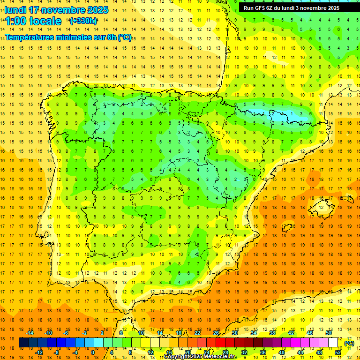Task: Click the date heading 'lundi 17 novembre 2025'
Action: click(56, 10)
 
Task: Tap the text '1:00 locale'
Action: click(33, 21)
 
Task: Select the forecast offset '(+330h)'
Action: click(83, 21)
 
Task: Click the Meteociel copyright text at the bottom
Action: click(200, 357)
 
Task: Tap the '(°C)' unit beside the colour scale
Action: click(349, 343)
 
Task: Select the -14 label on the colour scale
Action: click(30, 333)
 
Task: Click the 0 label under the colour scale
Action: click(93, 352)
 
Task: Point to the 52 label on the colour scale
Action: click(338, 352)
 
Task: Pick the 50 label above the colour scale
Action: click(328, 333)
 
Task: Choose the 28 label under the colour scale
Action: click(225, 352)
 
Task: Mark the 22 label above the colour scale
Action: click(197, 333)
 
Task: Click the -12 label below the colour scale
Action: click(39, 352)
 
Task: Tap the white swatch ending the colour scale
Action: click(333, 343)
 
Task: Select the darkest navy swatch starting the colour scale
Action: click(23, 343)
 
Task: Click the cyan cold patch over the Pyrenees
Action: click(281, 114)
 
